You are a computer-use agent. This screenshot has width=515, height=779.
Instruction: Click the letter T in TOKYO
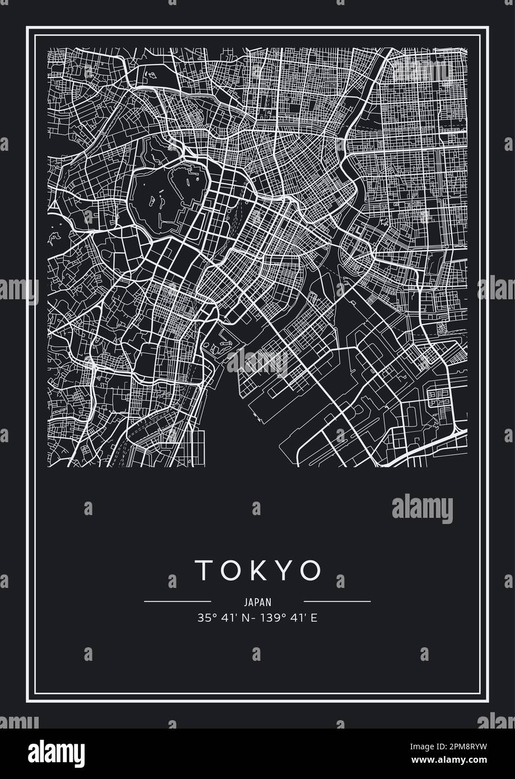tap(203, 571)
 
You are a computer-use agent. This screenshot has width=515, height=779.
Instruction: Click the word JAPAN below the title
tap(258, 602)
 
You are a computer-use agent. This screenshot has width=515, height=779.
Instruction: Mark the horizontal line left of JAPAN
tap(177, 601)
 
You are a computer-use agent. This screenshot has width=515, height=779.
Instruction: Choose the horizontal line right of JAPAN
tap(337, 601)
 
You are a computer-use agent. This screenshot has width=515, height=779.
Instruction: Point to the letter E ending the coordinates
tap(314, 618)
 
